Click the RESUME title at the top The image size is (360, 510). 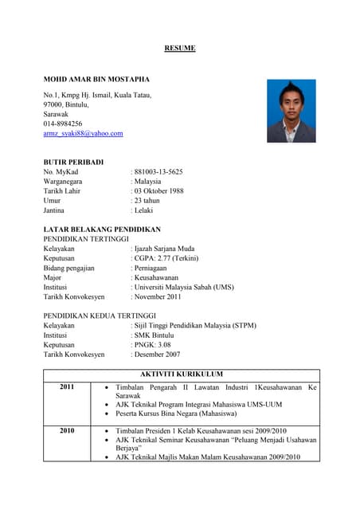pos(179,49)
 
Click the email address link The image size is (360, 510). pos(83,134)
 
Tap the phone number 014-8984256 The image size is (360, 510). pos(63,124)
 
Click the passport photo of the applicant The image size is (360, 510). pos(291,111)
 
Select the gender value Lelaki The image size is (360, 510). pos(144,210)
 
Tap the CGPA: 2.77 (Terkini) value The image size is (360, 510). pos(166,258)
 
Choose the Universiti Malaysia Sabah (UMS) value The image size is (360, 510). pos(183,287)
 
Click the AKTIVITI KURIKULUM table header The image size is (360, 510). pos(181,374)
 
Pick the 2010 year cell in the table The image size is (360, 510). pos(67,430)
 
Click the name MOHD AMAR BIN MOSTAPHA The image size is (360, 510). pos(96,80)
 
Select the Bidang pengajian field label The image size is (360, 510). pos(68,268)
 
